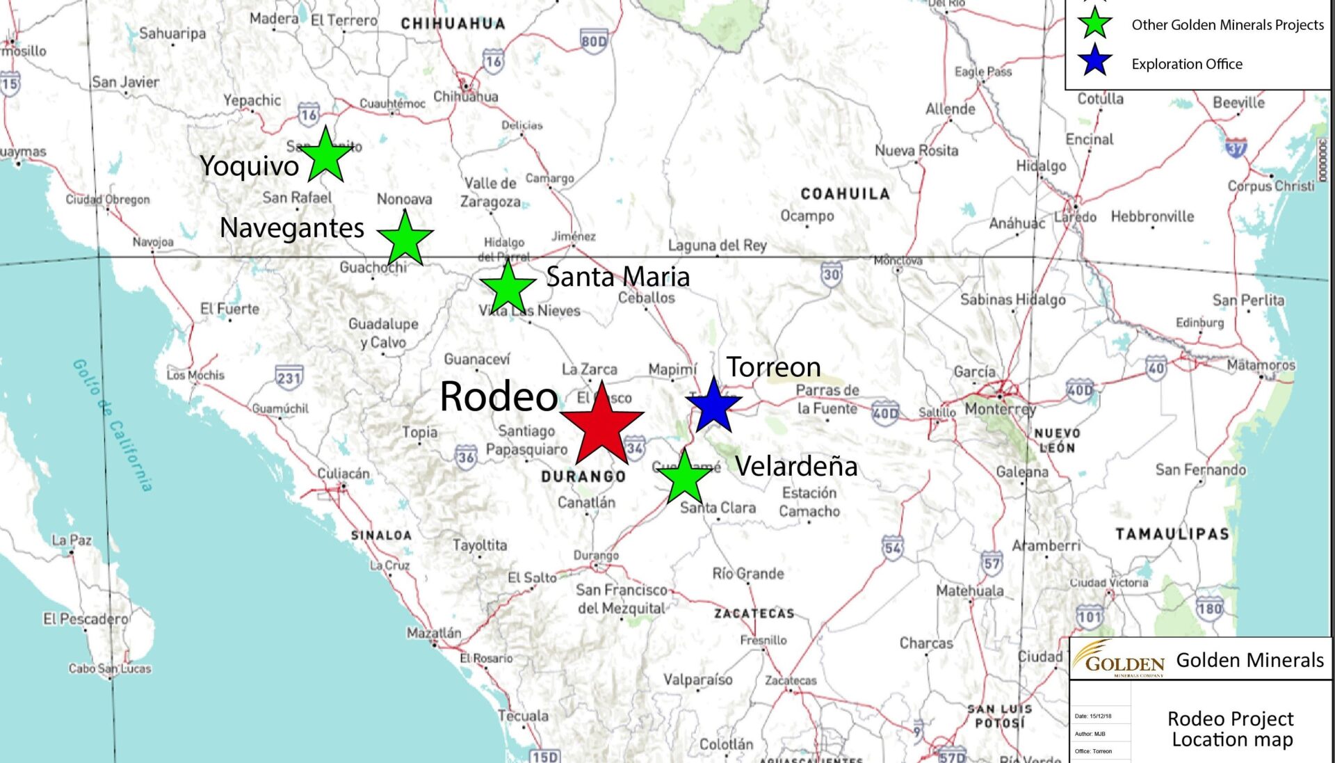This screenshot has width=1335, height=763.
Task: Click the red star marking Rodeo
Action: pos(602,425)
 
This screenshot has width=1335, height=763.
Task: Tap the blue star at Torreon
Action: pos(713,405)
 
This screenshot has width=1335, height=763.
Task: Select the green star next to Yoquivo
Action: pos(325,156)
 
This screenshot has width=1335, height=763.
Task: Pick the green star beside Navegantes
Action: pos(405,239)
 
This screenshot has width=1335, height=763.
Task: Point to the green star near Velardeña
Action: pos(685,476)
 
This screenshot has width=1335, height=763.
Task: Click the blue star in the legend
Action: pos(1095,61)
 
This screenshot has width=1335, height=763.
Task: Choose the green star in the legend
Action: pos(1095,23)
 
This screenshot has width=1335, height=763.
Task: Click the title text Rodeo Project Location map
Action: pos(1231,728)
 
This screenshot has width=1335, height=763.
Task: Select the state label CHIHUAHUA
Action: pos(453,24)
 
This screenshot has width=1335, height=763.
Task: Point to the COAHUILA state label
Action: pos(845,194)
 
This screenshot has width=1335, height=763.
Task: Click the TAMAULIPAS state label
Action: pos(1172,534)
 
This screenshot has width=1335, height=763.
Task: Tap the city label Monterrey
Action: pos(1000,409)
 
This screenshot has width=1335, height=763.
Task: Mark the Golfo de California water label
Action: pos(113,425)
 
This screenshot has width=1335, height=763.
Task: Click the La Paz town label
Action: pos(72,540)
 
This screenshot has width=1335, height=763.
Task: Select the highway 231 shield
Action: pos(289,377)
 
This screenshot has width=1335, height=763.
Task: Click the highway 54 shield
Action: pos(893,547)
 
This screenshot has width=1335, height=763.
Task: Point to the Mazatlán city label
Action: pos(434,633)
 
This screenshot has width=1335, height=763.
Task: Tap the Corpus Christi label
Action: pos(1271,186)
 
